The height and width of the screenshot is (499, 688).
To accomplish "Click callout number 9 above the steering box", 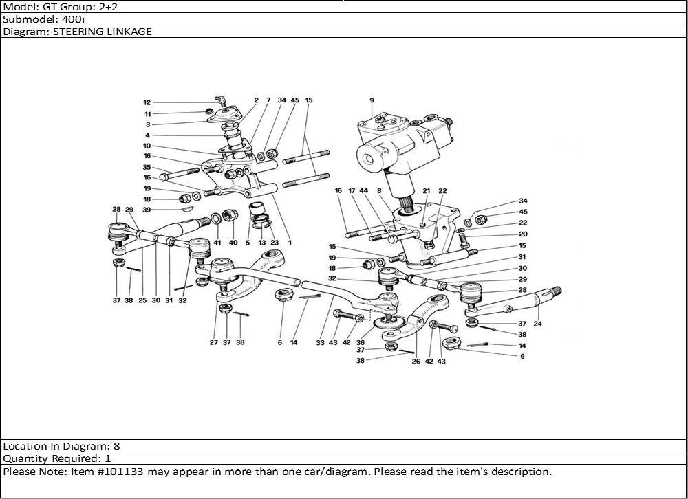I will click(x=372, y=100).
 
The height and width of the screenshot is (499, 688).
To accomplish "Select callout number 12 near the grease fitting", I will click(x=147, y=102).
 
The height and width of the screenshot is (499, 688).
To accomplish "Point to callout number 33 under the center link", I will click(x=320, y=342).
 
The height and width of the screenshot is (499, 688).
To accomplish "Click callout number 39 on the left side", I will click(x=147, y=210).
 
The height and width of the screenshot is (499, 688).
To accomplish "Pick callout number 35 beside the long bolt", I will click(x=147, y=167).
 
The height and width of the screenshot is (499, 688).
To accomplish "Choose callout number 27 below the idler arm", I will click(x=213, y=342).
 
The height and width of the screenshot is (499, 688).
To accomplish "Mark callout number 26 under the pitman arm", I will click(x=415, y=361).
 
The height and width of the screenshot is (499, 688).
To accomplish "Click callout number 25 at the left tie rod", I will click(x=142, y=300).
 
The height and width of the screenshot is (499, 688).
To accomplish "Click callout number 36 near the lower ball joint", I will click(x=360, y=342).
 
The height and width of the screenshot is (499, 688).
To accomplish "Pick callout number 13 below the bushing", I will click(x=261, y=242).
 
